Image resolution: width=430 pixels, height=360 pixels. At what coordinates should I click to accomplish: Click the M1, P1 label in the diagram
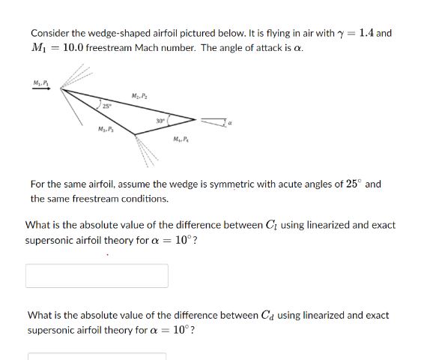click(38, 80)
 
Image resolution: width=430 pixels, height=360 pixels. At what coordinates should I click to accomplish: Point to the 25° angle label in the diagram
click(108, 106)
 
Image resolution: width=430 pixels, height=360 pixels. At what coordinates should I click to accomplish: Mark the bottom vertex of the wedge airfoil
click(135, 133)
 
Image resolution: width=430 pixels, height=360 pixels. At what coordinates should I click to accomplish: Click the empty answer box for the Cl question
click(97, 275)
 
